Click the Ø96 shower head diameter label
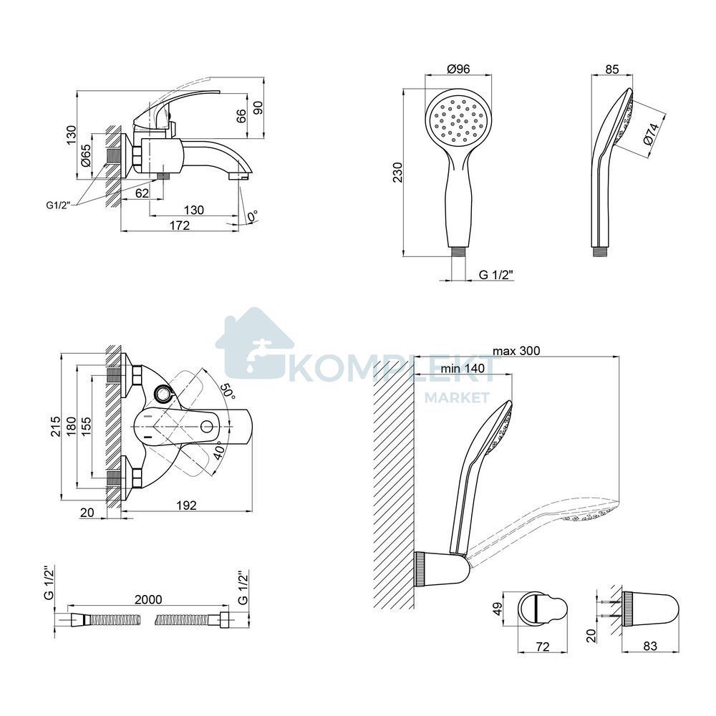pos(458,69)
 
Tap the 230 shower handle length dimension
pos(398,172)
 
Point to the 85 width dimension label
pos(612,69)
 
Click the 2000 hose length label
pos(148,599)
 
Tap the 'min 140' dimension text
pos(463,368)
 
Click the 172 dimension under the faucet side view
pos(180,225)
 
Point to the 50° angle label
pos(228,392)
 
